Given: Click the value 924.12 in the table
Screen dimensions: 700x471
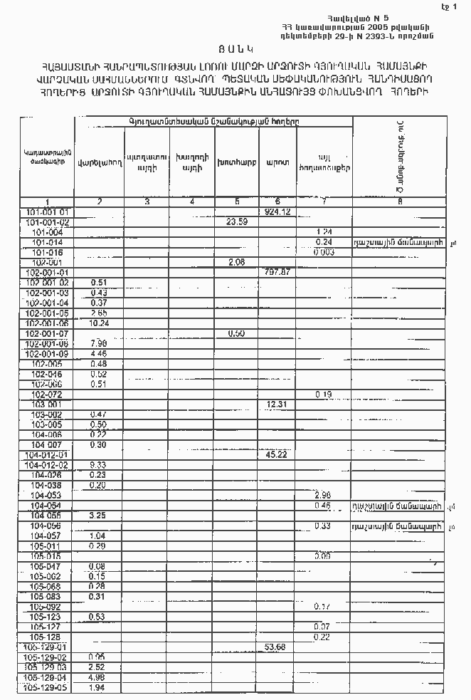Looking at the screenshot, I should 276,212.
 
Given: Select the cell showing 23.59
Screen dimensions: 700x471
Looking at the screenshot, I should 236,222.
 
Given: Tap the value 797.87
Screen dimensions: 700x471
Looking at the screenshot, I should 276,272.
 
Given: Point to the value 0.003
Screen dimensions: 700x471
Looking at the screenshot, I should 323,252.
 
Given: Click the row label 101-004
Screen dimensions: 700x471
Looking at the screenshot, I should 47,232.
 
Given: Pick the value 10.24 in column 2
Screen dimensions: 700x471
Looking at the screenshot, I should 99,323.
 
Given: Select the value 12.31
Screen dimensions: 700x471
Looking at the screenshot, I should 276,404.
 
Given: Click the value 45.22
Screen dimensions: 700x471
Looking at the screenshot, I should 276,454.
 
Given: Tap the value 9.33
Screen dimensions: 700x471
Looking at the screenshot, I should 98,464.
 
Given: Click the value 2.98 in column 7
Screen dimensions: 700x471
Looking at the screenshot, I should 323,494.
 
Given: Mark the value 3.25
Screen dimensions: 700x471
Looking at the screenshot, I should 98,514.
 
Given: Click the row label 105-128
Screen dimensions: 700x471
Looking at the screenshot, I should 47,636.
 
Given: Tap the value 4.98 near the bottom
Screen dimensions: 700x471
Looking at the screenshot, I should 98,677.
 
